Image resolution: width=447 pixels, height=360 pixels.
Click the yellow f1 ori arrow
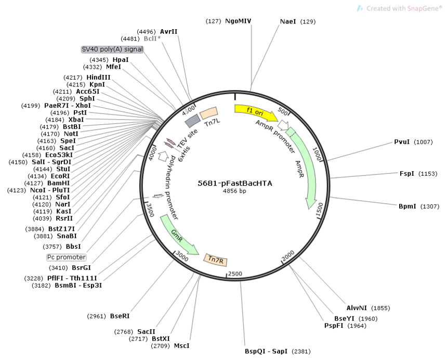point(255,112)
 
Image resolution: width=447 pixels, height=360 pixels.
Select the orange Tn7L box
point(208,113)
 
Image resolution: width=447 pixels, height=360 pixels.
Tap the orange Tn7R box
point(216,260)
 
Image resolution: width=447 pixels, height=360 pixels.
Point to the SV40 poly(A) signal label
point(112,49)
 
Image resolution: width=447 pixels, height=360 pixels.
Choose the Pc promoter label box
point(67,258)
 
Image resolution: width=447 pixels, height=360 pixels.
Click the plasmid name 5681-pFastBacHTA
point(235,183)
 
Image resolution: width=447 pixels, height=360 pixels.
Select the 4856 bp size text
point(234,191)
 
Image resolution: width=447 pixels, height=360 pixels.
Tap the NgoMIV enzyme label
point(238,21)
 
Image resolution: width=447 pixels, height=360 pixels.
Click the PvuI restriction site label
point(402,142)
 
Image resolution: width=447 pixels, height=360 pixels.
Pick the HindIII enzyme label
point(98,78)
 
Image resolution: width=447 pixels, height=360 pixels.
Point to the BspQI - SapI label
point(266,351)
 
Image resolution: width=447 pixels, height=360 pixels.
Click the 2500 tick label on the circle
point(235,274)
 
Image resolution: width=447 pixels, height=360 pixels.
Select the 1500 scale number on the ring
point(320,209)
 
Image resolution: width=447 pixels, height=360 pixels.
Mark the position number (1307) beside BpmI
point(430,206)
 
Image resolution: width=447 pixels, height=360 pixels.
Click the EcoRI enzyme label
point(60,176)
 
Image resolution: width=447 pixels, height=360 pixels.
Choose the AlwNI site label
point(357,308)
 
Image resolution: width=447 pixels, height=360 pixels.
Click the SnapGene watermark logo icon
point(360,8)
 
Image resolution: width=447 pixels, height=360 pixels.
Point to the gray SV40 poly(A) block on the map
point(192,121)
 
